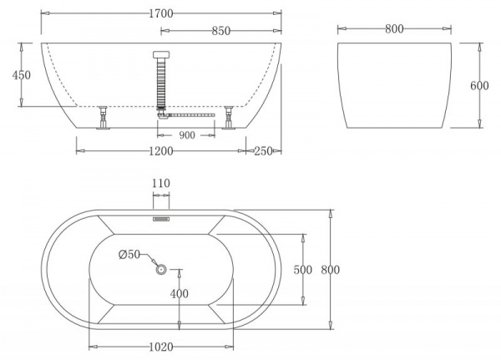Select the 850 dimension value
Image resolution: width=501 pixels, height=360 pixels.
220,31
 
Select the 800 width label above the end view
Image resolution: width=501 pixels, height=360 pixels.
395,29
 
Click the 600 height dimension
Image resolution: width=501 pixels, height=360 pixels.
479,86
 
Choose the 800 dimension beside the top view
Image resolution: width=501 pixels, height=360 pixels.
331,269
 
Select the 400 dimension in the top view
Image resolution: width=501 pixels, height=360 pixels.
180,294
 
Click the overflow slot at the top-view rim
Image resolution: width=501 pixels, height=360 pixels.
161,220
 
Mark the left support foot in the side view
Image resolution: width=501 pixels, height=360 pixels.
103,119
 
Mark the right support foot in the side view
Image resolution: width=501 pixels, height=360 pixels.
228,119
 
